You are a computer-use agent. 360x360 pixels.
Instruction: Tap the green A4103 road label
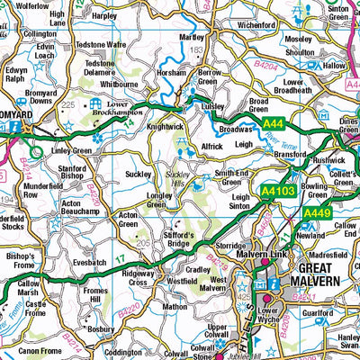[x=280, y=192]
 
